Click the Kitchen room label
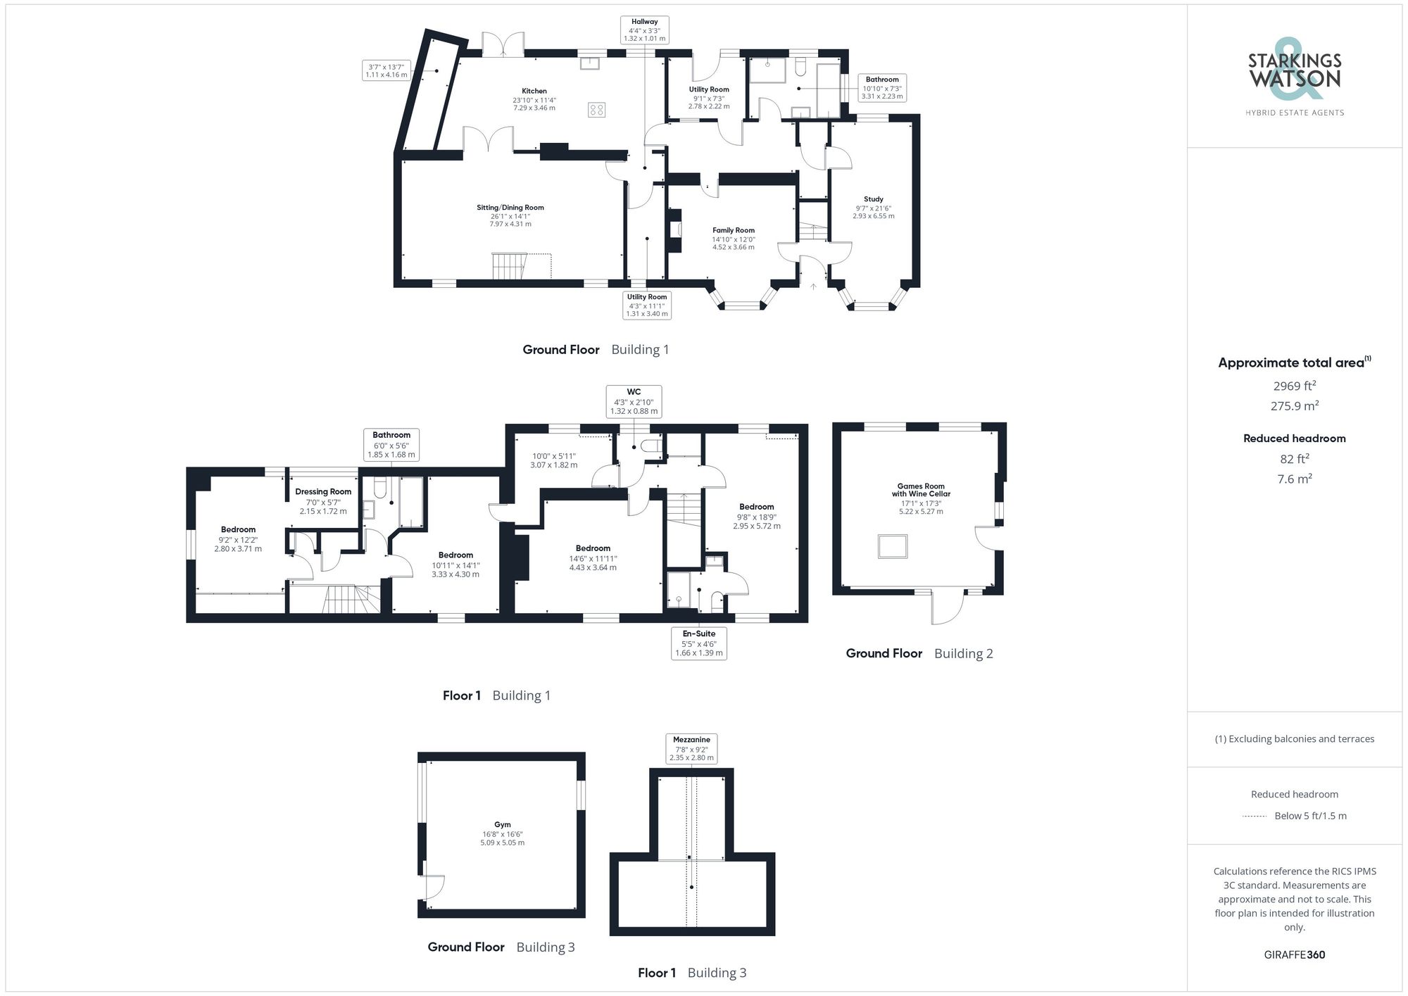click(x=534, y=91)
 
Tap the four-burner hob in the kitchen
click(x=596, y=110)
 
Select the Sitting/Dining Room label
click(x=510, y=208)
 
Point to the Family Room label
click(x=733, y=230)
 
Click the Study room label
click(x=873, y=199)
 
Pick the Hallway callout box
click(x=644, y=30)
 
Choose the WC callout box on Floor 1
click(x=634, y=401)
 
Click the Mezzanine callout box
click(x=691, y=749)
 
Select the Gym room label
click(x=502, y=825)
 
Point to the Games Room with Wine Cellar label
click(x=921, y=490)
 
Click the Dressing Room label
click(x=323, y=492)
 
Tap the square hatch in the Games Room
click(x=893, y=546)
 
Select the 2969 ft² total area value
click(x=1294, y=386)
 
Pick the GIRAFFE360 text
click(x=1294, y=955)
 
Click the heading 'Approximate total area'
click(x=1291, y=363)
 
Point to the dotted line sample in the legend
click(x=1255, y=817)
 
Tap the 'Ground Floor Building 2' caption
click(x=919, y=654)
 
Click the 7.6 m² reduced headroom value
click(x=1294, y=479)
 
